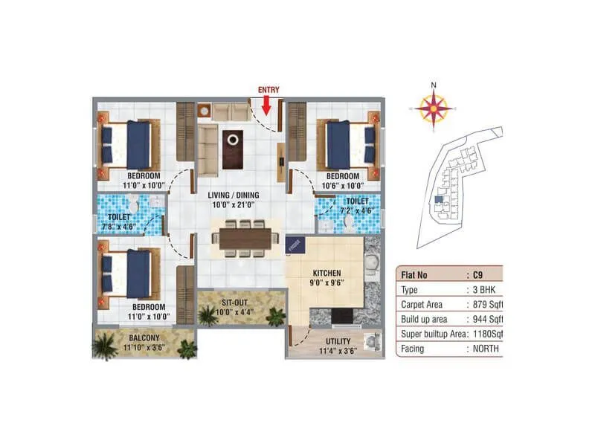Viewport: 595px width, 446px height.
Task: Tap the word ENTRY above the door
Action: (268, 90)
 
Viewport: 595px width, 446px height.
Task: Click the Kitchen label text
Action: (327, 272)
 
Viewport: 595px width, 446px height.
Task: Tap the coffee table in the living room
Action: (234, 138)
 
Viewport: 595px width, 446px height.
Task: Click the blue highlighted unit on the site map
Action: (439, 198)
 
